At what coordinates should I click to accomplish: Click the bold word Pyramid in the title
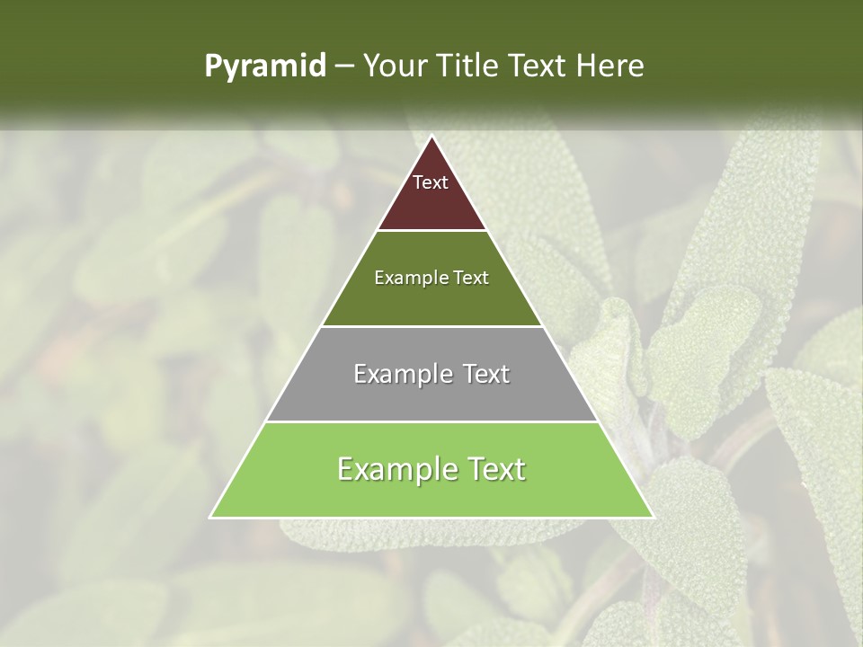point(264,66)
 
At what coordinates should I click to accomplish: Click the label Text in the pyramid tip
point(431,182)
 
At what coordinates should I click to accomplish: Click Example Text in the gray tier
point(431,374)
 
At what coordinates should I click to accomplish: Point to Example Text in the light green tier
point(431,469)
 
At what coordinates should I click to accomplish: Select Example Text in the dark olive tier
point(431,278)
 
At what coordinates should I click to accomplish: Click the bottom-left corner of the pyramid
point(210,517)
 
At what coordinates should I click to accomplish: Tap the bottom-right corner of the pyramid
point(653,517)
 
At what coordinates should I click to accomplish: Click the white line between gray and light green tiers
point(431,421)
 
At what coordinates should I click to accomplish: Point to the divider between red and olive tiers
point(431,231)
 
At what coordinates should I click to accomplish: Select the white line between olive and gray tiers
point(431,326)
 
